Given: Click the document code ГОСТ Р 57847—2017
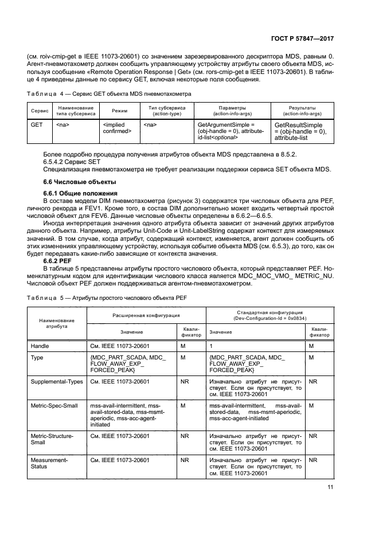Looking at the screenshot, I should click(302, 38).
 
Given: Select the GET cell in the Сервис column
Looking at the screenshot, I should click(37, 124).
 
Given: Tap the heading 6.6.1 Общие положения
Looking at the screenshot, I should click(80, 193).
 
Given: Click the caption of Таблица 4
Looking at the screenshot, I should click(110, 93).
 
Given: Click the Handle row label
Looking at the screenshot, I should click(40, 346).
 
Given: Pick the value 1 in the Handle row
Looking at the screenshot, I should click(212, 346).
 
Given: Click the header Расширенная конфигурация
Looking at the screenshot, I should click(146, 315).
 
